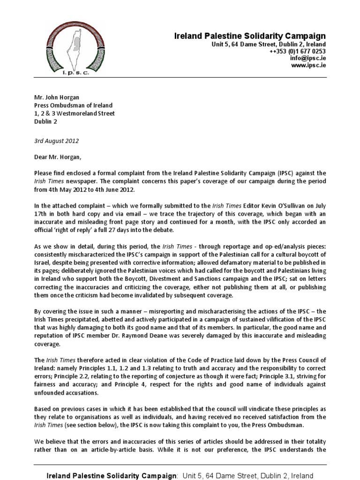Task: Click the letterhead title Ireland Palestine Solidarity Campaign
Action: pyautogui.click(x=250, y=36)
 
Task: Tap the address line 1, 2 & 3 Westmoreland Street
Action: pyautogui.click(x=75, y=113)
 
